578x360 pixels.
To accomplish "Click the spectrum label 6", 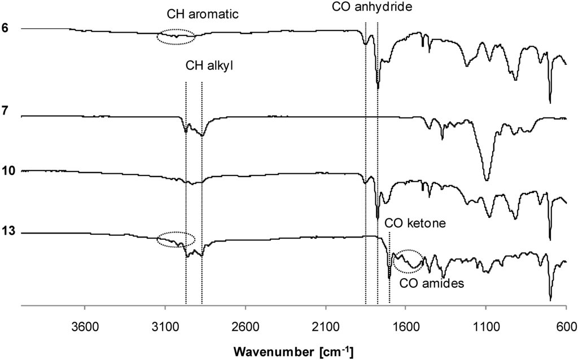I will click(x=5, y=28).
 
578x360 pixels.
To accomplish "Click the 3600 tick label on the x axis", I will click(x=84, y=327).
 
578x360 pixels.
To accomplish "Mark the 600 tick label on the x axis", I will click(x=566, y=327).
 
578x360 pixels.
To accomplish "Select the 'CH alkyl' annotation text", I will click(x=209, y=66).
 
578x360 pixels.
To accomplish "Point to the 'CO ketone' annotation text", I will click(x=415, y=223).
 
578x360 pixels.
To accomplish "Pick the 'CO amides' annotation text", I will click(x=431, y=284).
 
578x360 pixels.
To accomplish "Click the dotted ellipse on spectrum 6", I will click(x=176, y=37).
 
